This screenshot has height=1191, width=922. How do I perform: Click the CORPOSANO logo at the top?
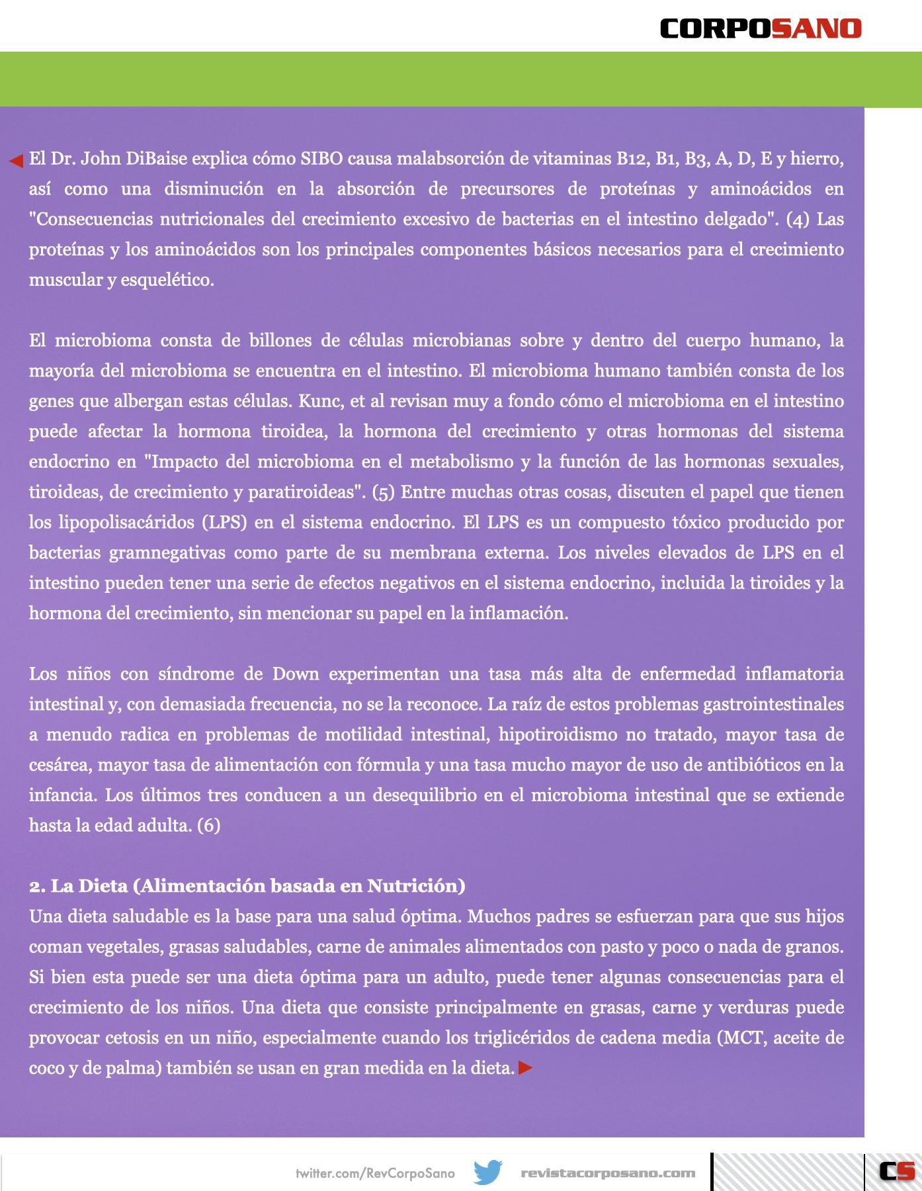click(761, 28)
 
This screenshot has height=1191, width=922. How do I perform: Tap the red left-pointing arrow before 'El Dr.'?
click(16, 160)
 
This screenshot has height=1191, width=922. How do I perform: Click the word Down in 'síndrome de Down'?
click(296, 674)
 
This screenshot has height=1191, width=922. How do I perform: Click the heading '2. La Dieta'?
click(247, 886)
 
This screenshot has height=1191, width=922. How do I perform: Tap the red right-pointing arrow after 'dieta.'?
click(525, 1068)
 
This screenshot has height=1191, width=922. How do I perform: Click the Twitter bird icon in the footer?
click(488, 1172)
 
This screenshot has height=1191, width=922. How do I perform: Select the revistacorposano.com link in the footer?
click(608, 1173)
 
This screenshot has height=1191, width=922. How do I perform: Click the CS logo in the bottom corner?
click(897, 1172)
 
